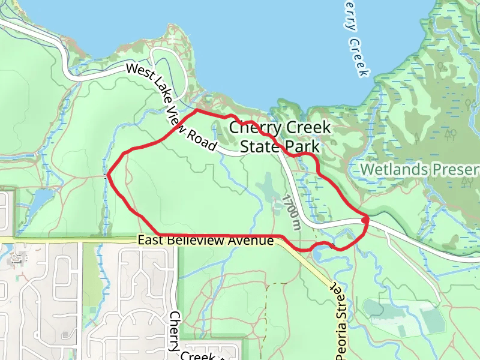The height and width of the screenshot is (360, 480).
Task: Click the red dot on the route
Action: (x=365, y=220)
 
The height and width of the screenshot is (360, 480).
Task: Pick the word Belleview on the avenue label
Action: (x=194, y=241)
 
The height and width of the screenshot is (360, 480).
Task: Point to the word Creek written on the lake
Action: (x=358, y=58)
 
